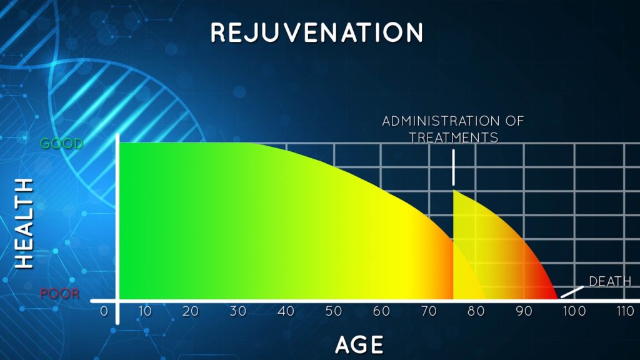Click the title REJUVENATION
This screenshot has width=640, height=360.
(317, 33)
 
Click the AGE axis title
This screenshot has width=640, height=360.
(359, 345)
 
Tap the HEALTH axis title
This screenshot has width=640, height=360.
(24, 224)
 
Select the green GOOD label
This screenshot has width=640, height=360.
(62, 143)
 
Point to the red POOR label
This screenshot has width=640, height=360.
(59, 294)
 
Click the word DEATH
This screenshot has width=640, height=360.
(610, 281)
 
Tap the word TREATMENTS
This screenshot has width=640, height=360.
(454, 137)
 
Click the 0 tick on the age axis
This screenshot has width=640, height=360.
(104, 311)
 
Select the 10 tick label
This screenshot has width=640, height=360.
(145, 311)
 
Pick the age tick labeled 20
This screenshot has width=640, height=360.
(190, 311)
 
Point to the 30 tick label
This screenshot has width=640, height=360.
(238, 311)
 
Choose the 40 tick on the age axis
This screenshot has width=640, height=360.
(286, 311)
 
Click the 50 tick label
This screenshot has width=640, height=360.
(334, 311)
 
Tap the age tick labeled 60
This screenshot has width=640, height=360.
(381, 311)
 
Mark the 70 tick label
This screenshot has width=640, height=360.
(429, 311)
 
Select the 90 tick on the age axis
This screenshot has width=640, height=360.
(524, 311)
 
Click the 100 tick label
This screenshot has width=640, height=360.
(574, 311)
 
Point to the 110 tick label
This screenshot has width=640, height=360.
(625, 311)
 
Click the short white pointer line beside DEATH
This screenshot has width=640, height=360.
(572, 292)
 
